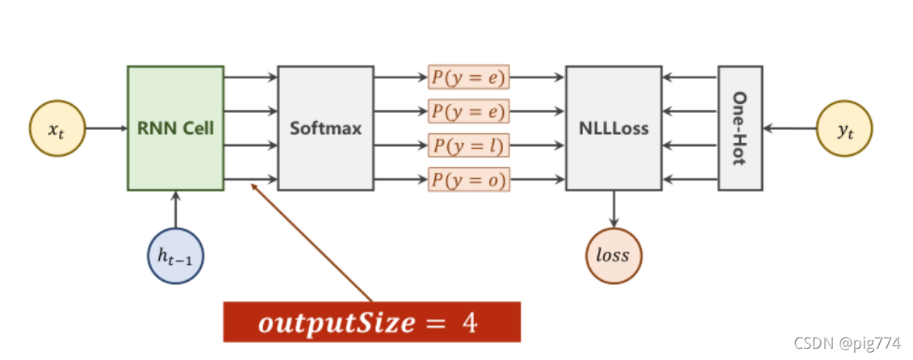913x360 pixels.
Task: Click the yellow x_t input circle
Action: (57, 128)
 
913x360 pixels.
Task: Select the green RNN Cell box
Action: (175, 128)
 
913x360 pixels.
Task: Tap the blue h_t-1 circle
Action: (175, 257)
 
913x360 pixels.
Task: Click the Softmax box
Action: (325, 128)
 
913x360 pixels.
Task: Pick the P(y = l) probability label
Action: (468, 145)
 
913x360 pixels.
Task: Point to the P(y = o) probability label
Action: (468, 179)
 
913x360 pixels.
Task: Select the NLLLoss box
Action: (614, 128)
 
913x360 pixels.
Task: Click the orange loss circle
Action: (614, 257)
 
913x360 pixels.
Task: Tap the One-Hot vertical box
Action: (739, 128)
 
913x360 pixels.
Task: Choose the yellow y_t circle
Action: (844, 128)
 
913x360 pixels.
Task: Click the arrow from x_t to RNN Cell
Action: (105, 128)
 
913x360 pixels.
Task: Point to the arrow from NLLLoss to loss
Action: (614, 208)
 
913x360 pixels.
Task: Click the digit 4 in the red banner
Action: (470, 322)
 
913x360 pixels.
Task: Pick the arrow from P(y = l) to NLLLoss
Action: (537, 145)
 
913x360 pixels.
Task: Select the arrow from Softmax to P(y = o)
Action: (400, 179)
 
